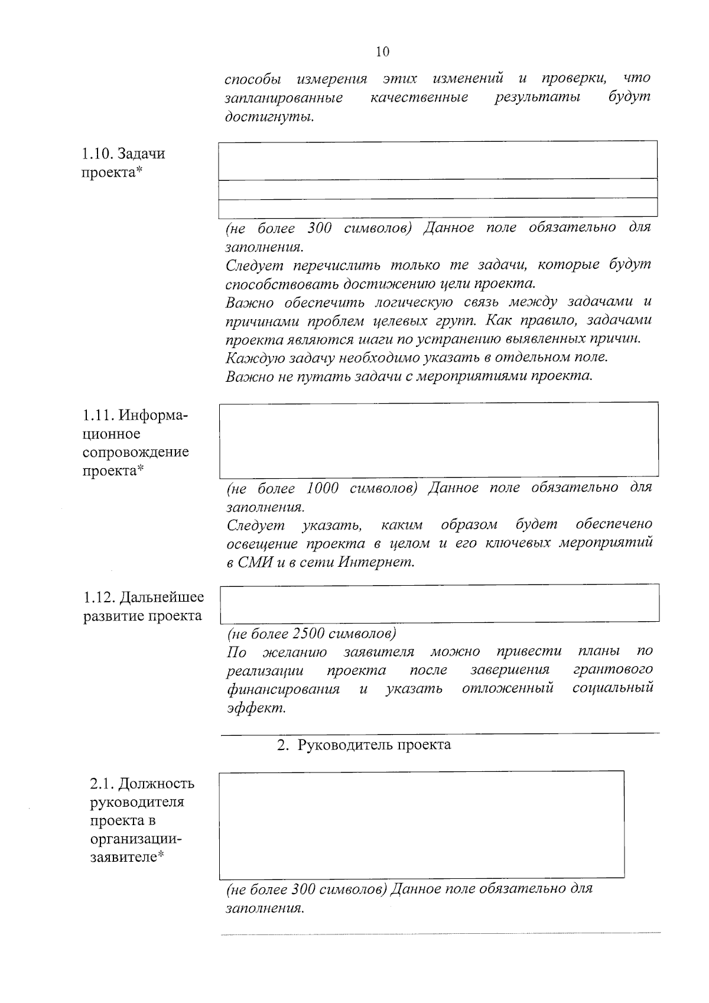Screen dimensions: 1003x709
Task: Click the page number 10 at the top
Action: coord(382,52)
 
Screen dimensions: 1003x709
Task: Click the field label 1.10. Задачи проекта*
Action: coord(123,163)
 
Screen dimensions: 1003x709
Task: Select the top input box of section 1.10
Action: coord(438,160)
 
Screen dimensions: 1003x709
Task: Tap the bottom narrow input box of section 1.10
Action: coord(438,207)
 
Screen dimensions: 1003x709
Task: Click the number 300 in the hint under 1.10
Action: coord(320,228)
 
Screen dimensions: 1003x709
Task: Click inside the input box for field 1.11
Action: coord(438,440)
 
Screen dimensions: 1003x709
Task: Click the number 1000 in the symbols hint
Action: coord(323,488)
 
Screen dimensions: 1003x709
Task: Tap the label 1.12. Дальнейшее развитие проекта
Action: coord(142,606)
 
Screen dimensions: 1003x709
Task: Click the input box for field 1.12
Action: coord(439,603)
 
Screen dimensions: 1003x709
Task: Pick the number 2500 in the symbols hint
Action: coord(308,634)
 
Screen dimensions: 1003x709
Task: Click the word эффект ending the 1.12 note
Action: coord(256,707)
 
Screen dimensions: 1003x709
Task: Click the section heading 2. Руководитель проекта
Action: coord(365,745)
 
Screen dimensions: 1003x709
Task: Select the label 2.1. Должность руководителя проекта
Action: coord(141,820)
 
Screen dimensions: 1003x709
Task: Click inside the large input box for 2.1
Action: coord(421,824)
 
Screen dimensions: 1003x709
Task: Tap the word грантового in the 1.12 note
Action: coord(613,670)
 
